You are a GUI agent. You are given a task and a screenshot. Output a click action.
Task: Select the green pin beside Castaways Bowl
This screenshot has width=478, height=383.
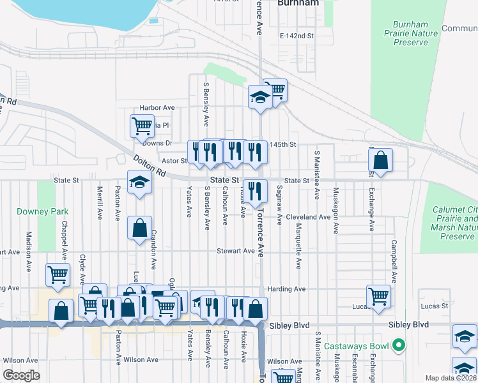(x=399, y=347)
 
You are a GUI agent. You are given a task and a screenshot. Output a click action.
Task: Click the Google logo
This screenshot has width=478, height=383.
(x=21, y=375)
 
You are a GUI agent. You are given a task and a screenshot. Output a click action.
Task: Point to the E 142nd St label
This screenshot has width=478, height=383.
(x=297, y=36)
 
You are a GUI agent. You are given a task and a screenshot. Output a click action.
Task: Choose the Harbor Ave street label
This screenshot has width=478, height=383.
(x=157, y=108)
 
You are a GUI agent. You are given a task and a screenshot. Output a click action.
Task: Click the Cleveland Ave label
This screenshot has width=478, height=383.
(x=308, y=217)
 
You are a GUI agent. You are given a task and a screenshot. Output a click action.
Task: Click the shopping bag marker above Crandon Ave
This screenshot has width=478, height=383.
(x=139, y=228)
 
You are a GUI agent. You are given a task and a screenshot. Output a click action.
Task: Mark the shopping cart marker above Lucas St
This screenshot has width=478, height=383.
(x=378, y=296)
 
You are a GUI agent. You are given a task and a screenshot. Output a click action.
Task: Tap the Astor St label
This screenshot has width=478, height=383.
(x=173, y=161)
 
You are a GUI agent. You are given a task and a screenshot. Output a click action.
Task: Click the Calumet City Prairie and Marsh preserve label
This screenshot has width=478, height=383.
(x=458, y=218)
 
